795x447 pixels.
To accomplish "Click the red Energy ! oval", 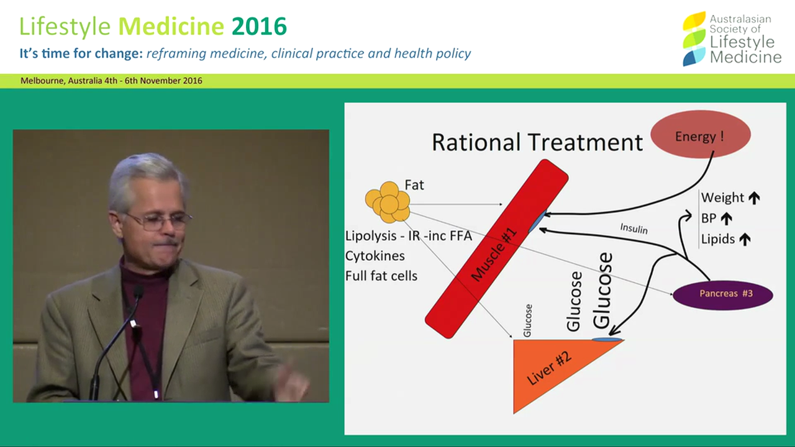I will [x=700, y=135].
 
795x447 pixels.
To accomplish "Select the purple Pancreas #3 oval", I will [x=722, y=294].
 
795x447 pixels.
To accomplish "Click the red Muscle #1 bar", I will [x=496, y=248].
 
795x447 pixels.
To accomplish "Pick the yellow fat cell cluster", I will [x=388, y=202].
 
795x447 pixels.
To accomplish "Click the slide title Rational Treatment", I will [x=537, y=142].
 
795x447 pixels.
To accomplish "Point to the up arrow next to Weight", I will [x=754, y=198].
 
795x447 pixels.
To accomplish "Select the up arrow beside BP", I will [x=726, y=219].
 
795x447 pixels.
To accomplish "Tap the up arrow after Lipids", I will [x=745, y=240].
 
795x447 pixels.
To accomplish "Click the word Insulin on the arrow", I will [x=634, y=228].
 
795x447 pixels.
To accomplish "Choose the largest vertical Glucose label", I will [x=602, y=289].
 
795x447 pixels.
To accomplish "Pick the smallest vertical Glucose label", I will [x=527, y=320].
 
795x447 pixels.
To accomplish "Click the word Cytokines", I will [x=375, y=256].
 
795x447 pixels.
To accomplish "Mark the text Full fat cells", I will [x=381, y=275].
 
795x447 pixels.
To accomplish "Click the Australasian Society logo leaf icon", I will [x=694, y=38].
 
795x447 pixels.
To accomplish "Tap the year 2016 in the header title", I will [x=259, y=26].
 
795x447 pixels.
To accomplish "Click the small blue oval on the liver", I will [x=606, y=339].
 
